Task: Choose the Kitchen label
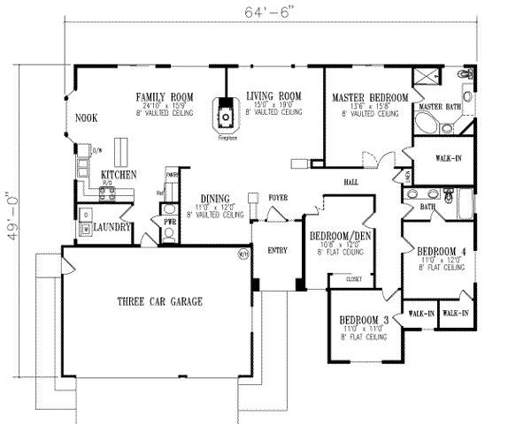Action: (118, 176)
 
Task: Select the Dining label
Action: (214, 199)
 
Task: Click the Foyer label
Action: (279, 200)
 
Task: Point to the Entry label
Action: (277, 251)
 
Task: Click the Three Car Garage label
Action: (159, 302)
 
